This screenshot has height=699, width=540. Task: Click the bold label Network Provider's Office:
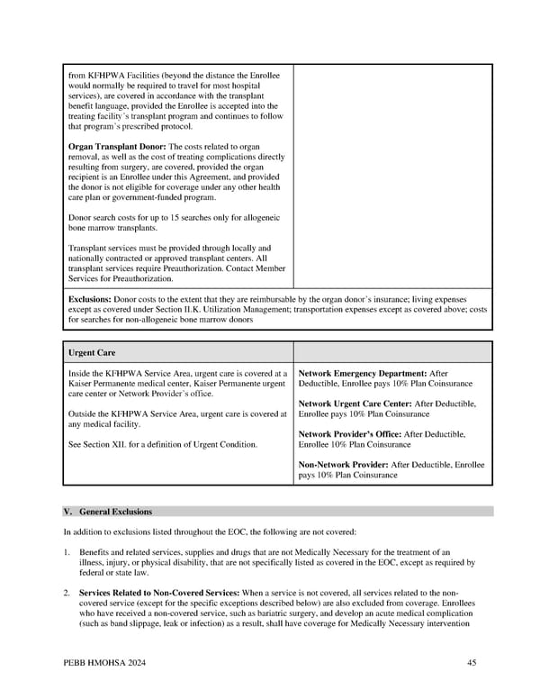pos(350,434)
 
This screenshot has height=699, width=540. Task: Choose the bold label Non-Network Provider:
pos(343,465)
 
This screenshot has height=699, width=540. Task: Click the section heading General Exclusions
pos(116,512)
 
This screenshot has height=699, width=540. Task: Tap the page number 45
pos(472,663)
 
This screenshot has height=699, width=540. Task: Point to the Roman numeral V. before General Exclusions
pos(68,512)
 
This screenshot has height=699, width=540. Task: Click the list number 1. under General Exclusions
pos(67,551)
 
